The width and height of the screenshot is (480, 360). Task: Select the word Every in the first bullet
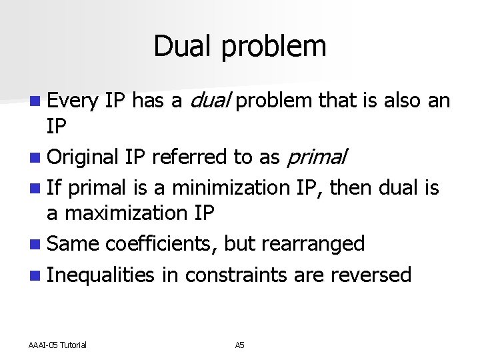coord(73,101)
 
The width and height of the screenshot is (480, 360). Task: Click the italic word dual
coord(211,101)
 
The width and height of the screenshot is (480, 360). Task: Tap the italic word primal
coord(317,158)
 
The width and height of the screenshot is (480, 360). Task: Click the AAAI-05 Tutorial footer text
coord(57,345)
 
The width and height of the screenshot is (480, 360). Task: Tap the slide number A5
coord(240,345)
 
